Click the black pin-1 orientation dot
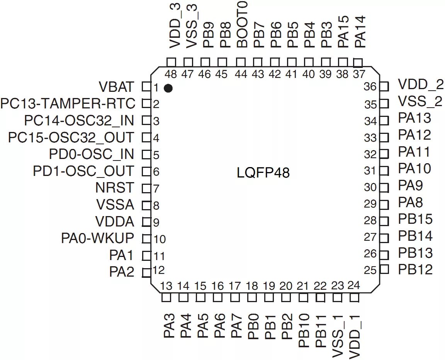[168, 88]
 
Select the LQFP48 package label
[263, 172]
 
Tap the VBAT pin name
[117, 87]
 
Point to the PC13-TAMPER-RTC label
[68, 104]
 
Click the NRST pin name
[115, 188]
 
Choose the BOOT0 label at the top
[242, 24]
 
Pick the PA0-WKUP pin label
[97, 238]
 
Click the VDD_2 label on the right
[421, 85]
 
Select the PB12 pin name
[415, 269]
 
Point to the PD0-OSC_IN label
[92, 154]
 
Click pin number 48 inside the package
[171, 74]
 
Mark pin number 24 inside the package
[353, 286]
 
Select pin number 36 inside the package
[370, 87]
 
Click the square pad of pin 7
[146, 189]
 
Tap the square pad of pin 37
[358, 63]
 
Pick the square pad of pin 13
[166, 298]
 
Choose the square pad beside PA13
[384, 121]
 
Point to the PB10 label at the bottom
[304, 331]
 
